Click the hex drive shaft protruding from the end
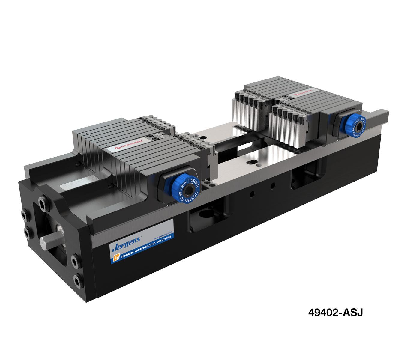[48, 240]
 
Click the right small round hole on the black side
[272, 185]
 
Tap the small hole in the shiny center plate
[255, 164]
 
